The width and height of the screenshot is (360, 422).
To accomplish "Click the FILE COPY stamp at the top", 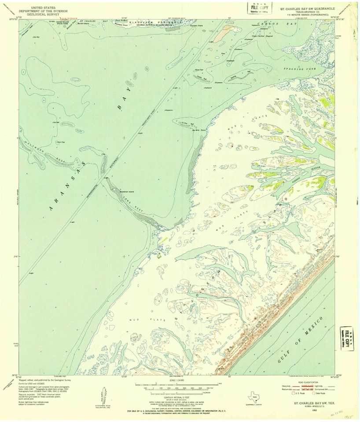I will [x=258, y=8].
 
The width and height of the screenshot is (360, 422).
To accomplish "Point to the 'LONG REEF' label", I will [x=132, y=204].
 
